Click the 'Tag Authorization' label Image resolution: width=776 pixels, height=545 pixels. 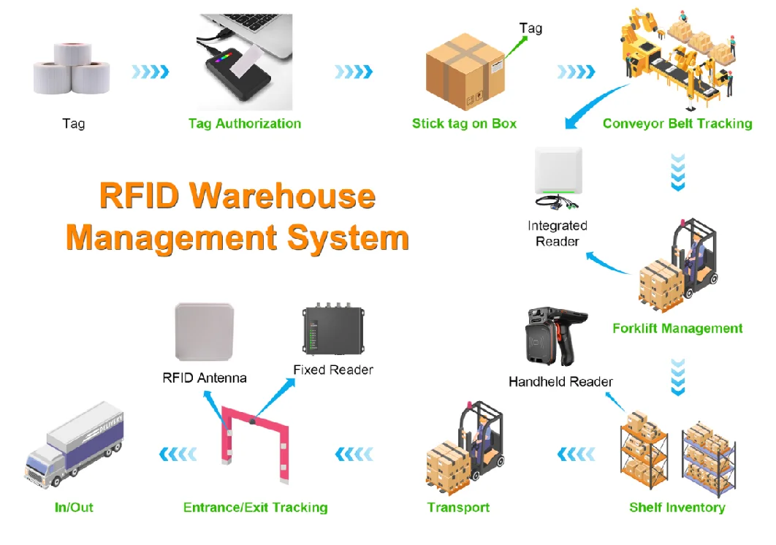[244, 123]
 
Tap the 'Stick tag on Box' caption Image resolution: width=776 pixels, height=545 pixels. [464, 123]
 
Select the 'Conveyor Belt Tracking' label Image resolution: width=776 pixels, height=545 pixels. [677, 123]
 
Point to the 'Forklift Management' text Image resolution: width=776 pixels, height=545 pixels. [677, 328]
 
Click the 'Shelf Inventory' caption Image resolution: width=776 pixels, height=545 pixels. [677, 507]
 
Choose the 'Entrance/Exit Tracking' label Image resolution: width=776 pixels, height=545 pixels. [255, 507]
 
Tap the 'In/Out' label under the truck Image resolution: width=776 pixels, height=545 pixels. [74, 507]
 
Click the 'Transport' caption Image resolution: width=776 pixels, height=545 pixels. [458, 507]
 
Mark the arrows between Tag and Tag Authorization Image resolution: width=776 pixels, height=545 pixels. [150, 72]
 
